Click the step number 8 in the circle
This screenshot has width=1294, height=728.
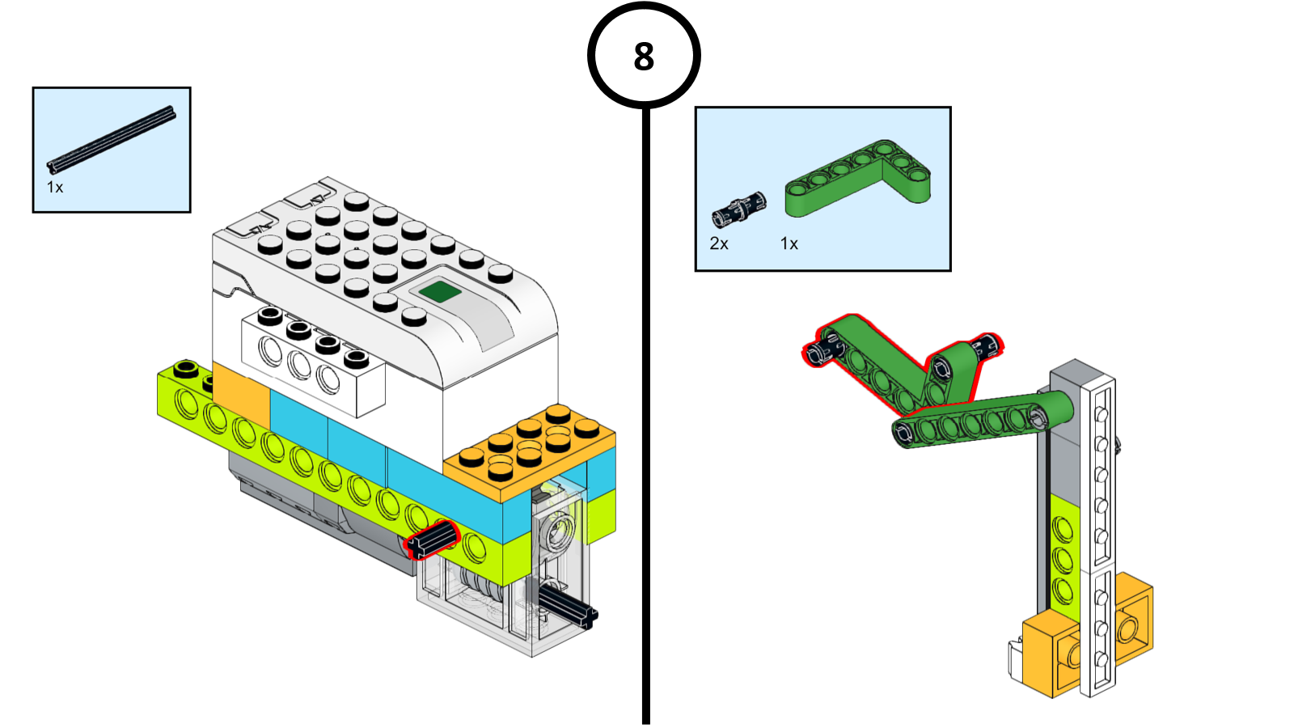644,57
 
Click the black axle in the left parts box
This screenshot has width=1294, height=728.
111,140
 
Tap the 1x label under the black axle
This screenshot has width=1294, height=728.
55,188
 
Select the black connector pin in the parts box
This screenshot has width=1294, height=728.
738,210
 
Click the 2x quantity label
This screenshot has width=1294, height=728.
719,243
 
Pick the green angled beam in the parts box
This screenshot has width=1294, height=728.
857,180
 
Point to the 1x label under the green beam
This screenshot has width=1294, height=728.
789,243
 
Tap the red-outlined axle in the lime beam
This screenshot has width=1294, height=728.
433,539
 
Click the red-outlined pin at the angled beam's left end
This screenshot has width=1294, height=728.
819,351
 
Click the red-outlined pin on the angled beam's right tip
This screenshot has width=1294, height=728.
987,346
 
